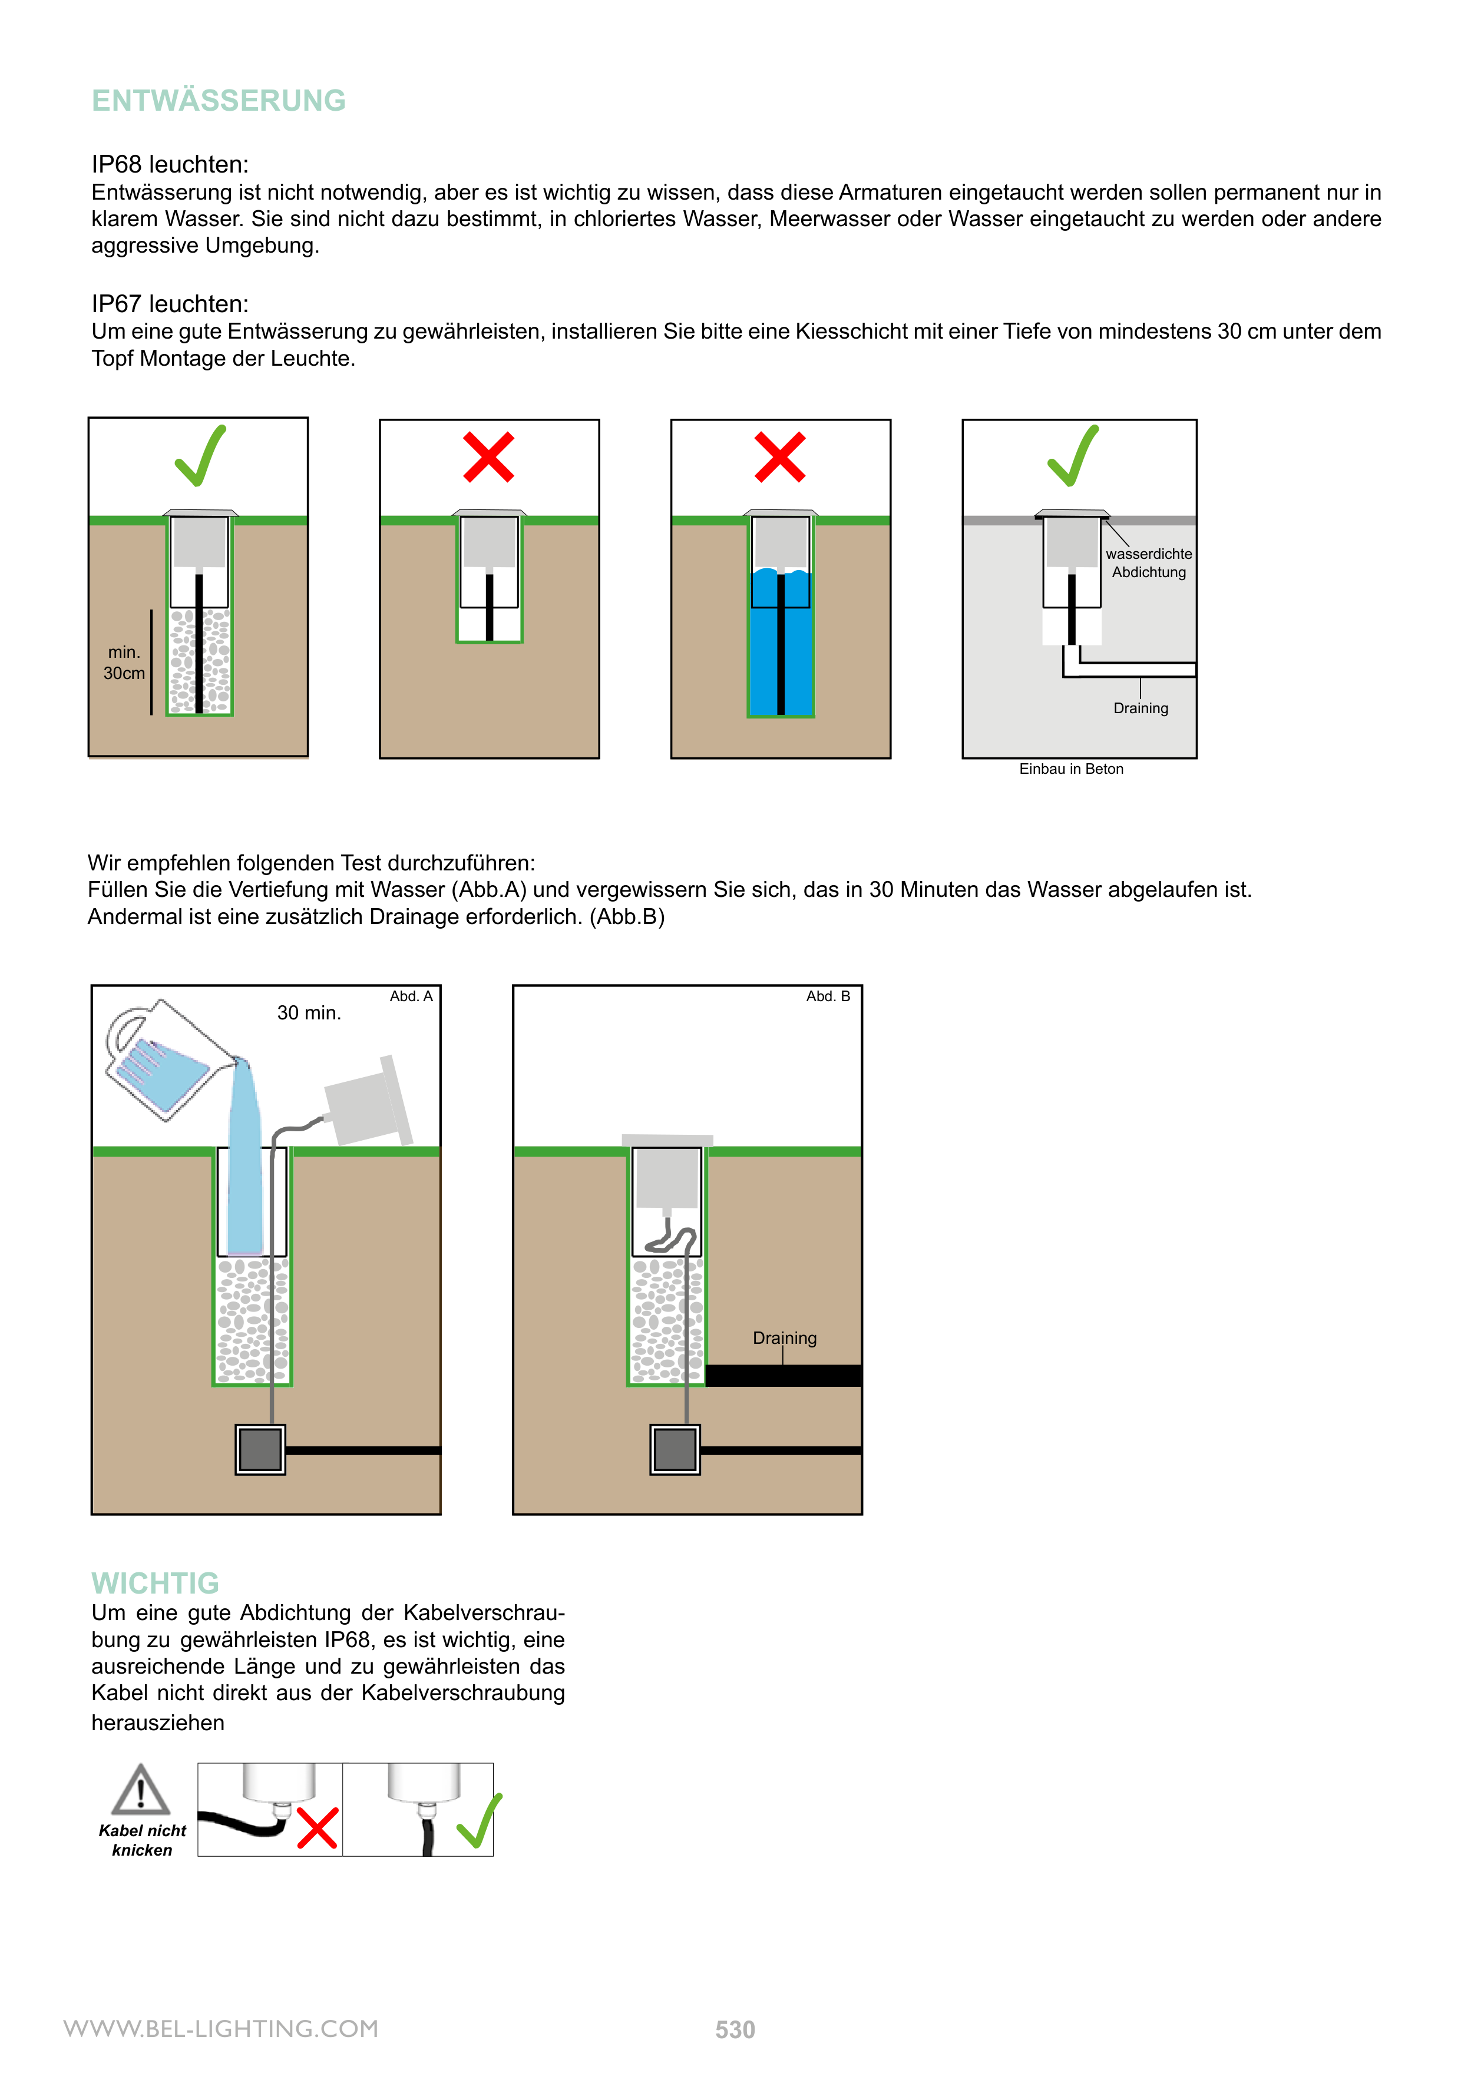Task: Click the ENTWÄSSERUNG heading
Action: (219, 101)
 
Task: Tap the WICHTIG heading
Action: (155, 1582)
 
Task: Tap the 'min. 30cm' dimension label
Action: (124, 663)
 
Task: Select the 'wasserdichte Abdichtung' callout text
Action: (1148, 562)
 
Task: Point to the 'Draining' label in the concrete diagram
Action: (1140, 708)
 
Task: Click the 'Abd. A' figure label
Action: (411, 996)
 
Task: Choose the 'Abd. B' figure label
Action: (828, 996)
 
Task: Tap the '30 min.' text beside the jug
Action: (309, 1013)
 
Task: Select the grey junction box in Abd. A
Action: (260, 1449)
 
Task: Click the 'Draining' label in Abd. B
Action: (784, 1338)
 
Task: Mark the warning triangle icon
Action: (140, 1790)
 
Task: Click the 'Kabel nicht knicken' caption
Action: (143, 1840)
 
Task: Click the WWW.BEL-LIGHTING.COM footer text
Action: (220, 2028)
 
